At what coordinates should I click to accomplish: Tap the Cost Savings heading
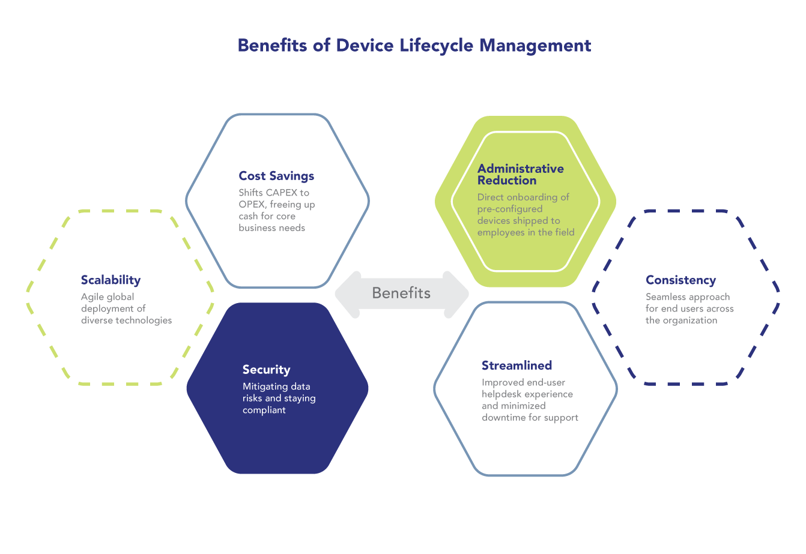pos(276,176)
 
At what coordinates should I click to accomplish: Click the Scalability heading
pos(111,280)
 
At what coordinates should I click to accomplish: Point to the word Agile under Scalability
pos(92,297)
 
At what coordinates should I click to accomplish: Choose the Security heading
pos(266,370)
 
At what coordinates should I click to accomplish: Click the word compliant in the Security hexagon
pos(264,410)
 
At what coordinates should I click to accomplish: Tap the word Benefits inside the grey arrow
pos(401,293)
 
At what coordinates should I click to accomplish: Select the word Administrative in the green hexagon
pos(521,169)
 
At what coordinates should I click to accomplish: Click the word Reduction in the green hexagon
pos(507,181)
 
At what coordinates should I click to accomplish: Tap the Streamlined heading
pos(517,366)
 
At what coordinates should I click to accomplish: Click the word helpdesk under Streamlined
pos(501,394)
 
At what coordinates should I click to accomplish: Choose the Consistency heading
pos(680,280)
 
